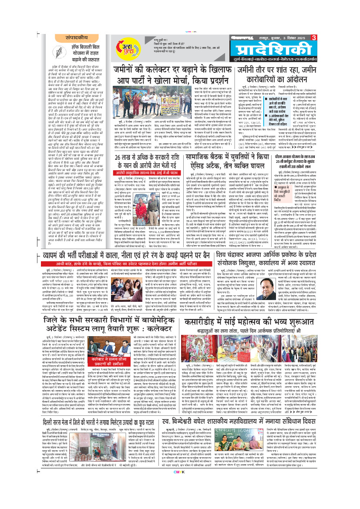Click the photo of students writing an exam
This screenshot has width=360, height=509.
(125, 262)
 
